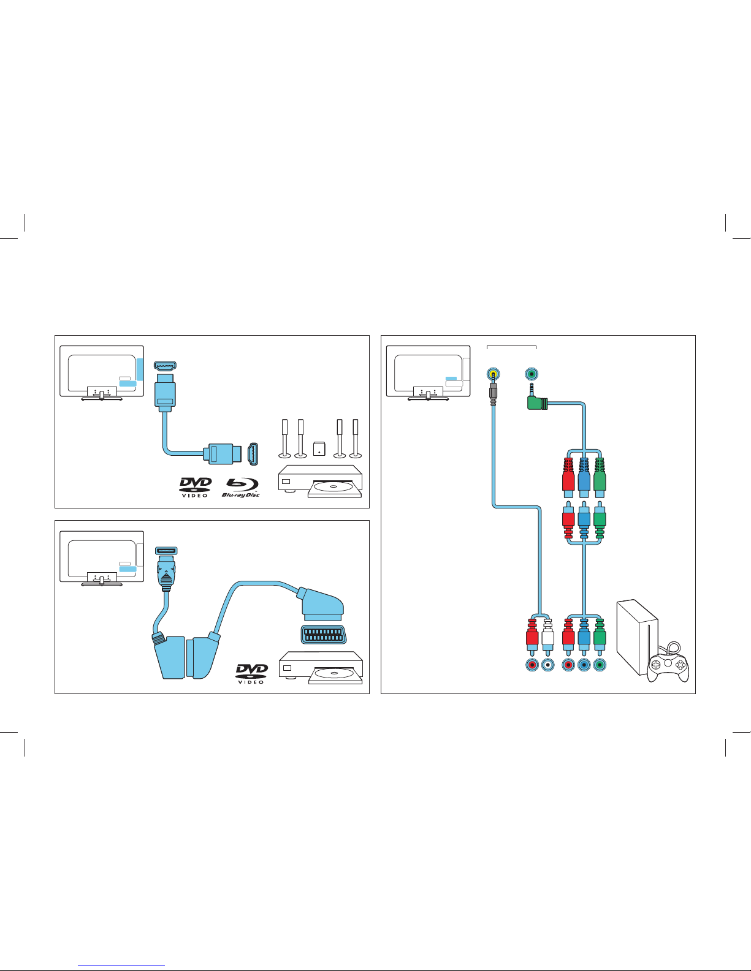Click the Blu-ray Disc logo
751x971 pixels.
coord(241,488)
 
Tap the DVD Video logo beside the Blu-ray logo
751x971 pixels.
coord(196,487)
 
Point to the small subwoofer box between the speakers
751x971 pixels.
coord(319,448)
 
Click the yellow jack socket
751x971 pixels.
coord(493,374)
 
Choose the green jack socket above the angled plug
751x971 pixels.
coord(532,374)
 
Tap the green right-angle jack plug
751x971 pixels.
coord(537,398)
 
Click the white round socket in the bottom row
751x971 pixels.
coord(547,665)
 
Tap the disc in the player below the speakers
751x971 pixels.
coord(333,487)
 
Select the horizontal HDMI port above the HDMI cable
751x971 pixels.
coord(165,366)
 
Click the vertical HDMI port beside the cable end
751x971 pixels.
coord(253,454)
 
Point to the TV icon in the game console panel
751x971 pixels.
coord(429,373)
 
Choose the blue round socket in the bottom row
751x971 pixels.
coord(584,665)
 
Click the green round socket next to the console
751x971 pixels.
coord(600,665)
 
